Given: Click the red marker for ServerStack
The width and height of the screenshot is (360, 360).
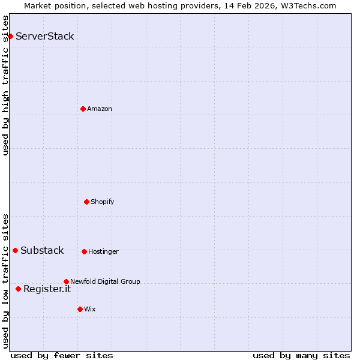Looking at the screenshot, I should click(x=10, y=37).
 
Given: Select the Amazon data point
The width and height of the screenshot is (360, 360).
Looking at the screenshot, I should click(x=83, y=109).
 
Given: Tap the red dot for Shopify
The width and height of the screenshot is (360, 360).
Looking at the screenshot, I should click(x=86, y=202).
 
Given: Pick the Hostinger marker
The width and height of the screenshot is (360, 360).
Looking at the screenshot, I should click(x=84, y=251).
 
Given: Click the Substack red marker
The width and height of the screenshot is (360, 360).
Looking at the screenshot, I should click(x=15, y=250).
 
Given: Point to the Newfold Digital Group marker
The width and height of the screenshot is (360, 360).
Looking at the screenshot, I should click(x=66, y=281).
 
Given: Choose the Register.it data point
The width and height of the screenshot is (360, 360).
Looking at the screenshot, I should click(x=18, y=289).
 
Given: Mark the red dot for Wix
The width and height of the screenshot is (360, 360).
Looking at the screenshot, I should click(x=80, y=309).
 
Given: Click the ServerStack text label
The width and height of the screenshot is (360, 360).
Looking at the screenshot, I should click(x=45, y=36).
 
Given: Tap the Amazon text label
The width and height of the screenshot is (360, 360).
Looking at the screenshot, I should click(x=100, y=109).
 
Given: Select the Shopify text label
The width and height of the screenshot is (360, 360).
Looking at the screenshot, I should click(x=103, y=202).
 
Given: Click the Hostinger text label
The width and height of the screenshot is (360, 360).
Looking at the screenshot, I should click(x=104, y=251).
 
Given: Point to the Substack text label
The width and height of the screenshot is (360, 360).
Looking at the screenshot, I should click(x=42, y=250).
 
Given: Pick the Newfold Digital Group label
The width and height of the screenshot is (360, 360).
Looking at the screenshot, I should click(x=105, y=281).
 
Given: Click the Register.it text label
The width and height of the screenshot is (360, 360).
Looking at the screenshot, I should click(x=47, y=289).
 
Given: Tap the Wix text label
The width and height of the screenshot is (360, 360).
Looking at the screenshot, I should click(x=90, y=309).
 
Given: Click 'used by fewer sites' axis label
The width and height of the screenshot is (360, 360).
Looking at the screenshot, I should click(x=62, y=355).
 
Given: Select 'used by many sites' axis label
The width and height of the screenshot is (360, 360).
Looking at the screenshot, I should click(x=301, y=355).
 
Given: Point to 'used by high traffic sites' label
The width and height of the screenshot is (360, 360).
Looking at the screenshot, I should click(x=6, y=86).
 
